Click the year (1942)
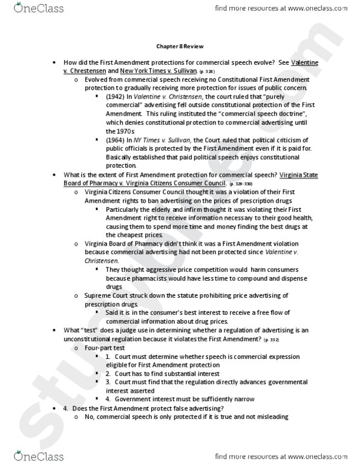[x=114, y=96]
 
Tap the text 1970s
[x=117, y=130]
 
